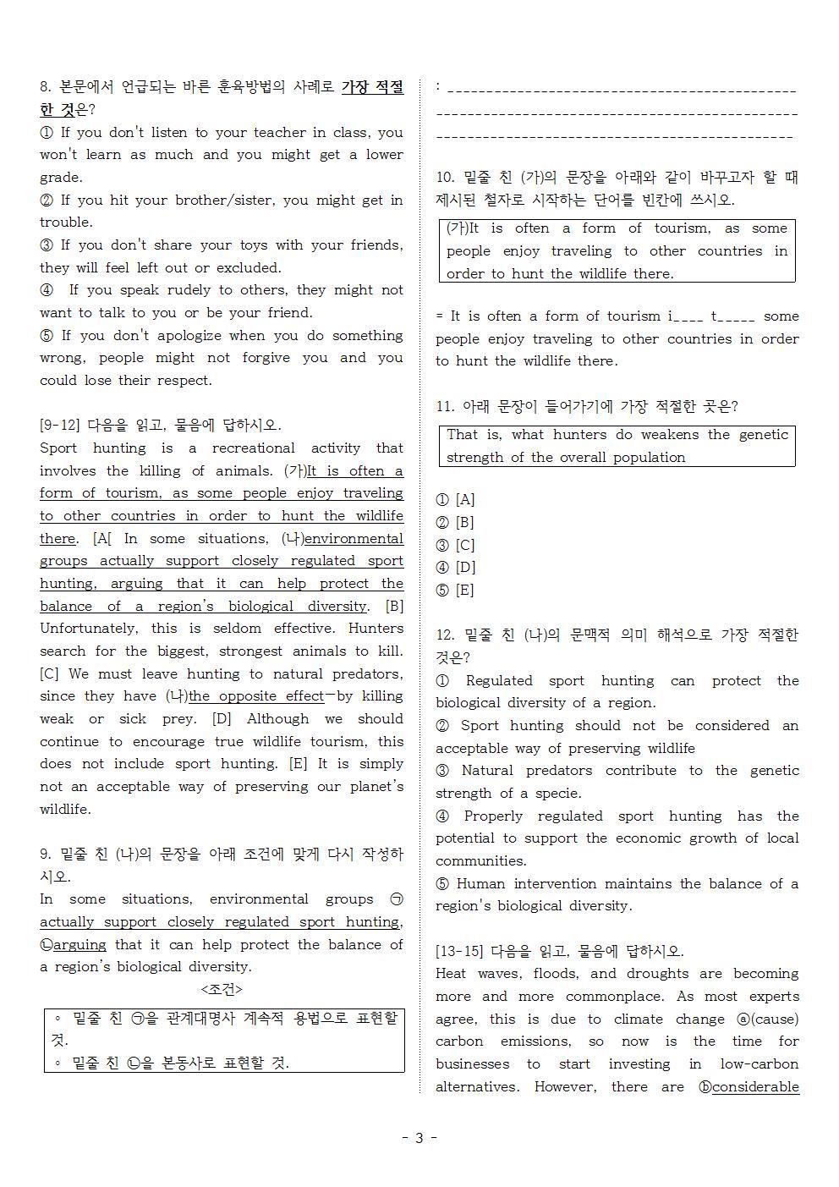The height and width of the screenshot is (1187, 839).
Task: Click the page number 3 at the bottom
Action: pyautogui.click(x=419, y=1137)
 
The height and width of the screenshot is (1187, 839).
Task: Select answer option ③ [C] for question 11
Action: pyautogui.click(x=456, y=545)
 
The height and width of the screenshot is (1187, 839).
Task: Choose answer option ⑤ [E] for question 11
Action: pyautogui.click(x=456, y=590)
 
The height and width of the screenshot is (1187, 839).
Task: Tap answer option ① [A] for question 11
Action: pyautogui.click(x=456, y=500)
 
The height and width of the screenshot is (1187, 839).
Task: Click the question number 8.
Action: pyautogui.click(x=46, y=87)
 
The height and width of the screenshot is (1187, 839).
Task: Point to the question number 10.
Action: pyautogui.click(x=445, y=178)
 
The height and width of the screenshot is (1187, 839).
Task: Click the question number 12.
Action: pyautogui.click(x=445, y=635)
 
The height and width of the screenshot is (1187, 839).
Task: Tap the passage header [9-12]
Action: pyautogui.click(x=60, y=425)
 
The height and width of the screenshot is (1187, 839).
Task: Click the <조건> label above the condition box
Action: pyautogui.click(x=222, y=989)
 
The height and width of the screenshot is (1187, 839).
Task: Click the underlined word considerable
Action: pyautogui.click(x=755, y=1086)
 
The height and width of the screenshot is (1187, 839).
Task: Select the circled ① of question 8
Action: pyautogui.click(x=47, y=132)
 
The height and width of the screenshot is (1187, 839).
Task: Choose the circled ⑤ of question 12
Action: pyautogui.click(x=442, y=883)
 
